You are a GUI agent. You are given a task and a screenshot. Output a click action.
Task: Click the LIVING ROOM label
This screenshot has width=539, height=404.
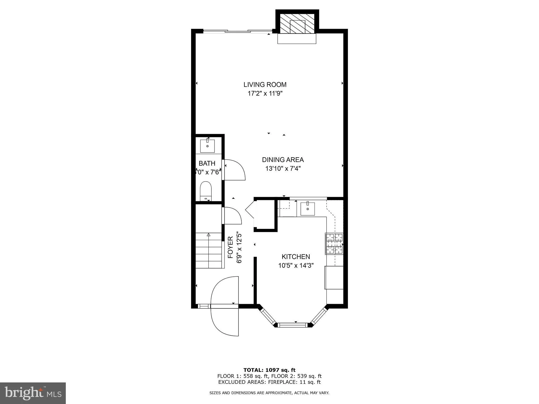[x=265, y=85]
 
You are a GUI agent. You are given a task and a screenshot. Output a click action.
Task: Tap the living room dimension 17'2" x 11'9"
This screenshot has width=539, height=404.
[x=265, y=93]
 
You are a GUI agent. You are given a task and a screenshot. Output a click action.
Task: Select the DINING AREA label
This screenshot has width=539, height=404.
[x=283, y=160]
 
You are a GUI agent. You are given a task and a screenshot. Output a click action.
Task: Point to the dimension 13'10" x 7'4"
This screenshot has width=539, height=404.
[x=283, y=168]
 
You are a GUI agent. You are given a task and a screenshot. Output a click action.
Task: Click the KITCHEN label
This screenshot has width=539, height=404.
[x=296, y=257]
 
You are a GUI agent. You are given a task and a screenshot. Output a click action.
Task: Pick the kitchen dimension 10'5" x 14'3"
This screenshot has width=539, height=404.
[x=296, y=266]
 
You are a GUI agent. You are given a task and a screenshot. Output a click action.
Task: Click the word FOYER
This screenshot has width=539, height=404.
[x=230, y=247]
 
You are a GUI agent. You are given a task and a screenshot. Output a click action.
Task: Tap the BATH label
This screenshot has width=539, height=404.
[x=207, y=163]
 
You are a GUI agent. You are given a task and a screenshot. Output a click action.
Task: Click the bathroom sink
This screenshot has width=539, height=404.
[x=207, y=146]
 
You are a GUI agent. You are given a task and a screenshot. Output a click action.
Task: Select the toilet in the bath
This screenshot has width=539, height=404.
[x=206, y=190]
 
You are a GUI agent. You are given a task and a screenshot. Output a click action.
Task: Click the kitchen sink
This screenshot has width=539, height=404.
[x=307, y=209]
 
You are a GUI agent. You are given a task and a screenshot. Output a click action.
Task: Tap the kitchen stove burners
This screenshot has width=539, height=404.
[x=334, y=244]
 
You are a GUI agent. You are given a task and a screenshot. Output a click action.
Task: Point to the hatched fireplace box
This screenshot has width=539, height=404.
[x=297, y=24]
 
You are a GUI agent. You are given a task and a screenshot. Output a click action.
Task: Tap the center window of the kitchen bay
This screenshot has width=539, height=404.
[x=292, y=325]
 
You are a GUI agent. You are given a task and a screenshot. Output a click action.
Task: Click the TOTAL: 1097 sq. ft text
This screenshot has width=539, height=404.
[x=269, y=370]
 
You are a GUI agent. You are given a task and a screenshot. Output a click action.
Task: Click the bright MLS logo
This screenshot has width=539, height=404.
[x=33, y=393]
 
